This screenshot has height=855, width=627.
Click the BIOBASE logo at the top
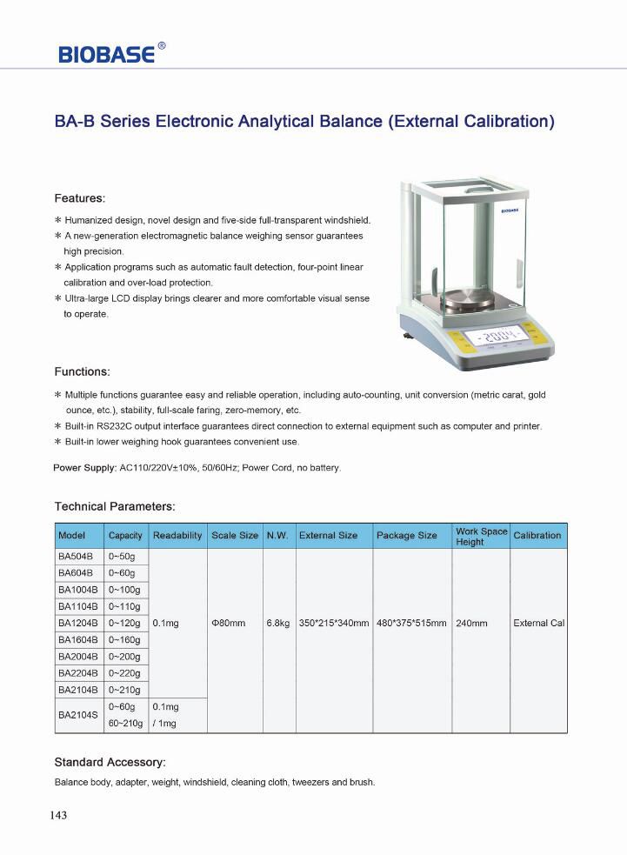pos(107,54)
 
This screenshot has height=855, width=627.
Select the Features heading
pos(79,198)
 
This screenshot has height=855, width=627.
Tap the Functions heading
pos(82,371)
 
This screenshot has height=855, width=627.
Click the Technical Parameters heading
pos(115,506)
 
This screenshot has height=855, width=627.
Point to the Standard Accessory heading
pos(110,762)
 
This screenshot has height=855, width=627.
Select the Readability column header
pos(177,536)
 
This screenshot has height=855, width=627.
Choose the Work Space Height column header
pos(481,536)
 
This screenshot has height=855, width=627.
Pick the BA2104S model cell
pos(78,715)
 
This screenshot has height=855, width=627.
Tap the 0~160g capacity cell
pos(124,639)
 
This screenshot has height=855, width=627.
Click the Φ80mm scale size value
pos(229,624)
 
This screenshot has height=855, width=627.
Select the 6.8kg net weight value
pos(277,624)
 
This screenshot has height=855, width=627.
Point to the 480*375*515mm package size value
pos(411,624)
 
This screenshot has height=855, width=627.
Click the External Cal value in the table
pos(538,624)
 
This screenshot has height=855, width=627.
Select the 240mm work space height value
pos(471,624)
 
